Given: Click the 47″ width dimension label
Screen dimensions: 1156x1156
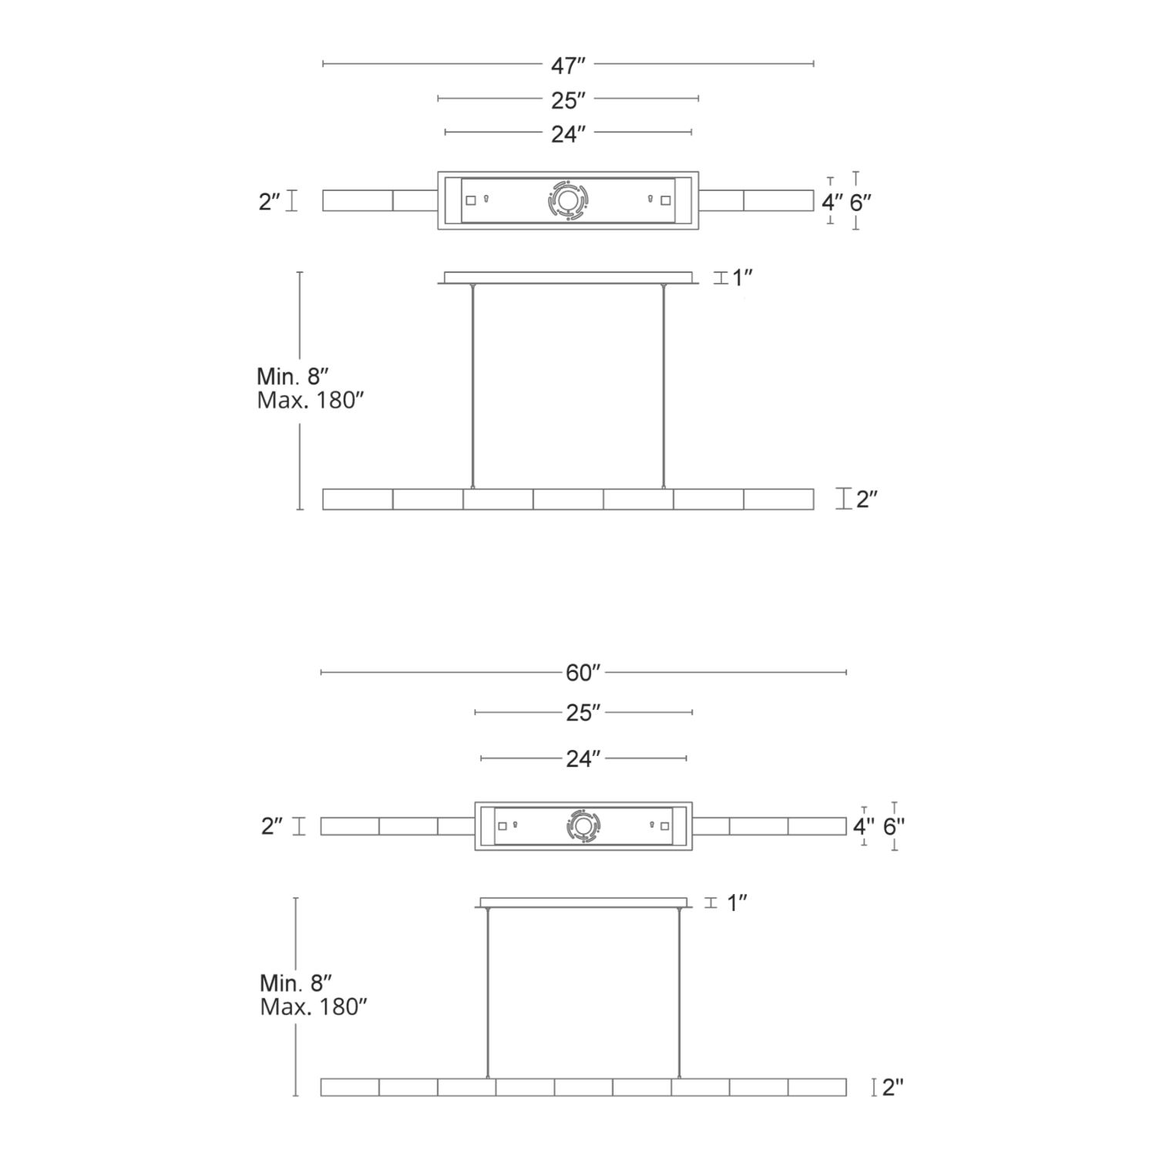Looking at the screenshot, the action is coord(568,66).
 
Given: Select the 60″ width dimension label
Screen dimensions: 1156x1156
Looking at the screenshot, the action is coord(583,673).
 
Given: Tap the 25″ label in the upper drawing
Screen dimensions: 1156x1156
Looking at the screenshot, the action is coord(568,100).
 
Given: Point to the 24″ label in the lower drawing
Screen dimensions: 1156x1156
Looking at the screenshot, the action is coord(583,759).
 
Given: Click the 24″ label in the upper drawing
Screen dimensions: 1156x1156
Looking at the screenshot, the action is coord(568,134).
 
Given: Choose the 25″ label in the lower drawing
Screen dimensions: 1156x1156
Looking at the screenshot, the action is coord(583,713).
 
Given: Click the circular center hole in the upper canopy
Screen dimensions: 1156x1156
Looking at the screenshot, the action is coord(568,201).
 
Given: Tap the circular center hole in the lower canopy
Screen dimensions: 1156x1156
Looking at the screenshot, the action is coord(583,826).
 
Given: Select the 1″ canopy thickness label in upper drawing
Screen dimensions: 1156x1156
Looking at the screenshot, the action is coord(742,278).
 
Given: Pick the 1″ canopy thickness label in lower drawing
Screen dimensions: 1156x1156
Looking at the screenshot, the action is coord(738,902).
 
